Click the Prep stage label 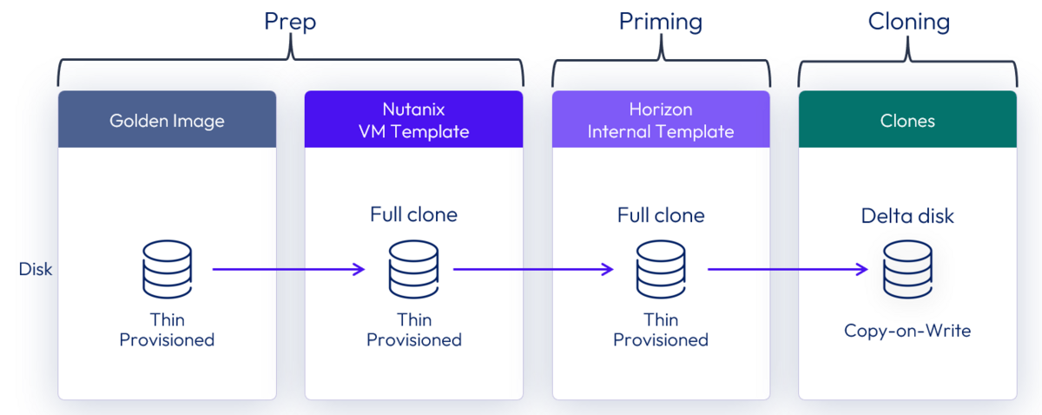(290, 22)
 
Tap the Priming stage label (661, 22)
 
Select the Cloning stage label (908, 22)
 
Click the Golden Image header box (167, 120)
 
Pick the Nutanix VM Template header (413, 120)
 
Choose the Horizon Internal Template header (661, 120)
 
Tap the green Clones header (907, 120)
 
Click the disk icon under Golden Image (167, 269)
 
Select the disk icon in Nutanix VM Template (413, 269)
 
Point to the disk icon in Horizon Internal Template (661, 269)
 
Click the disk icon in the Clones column (907, 269)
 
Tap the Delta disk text (907, 215)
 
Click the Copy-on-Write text (907, 331)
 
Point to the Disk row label (36, 269)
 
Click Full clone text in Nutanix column (413, 214)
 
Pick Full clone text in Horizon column (661, 214)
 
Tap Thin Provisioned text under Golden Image (167, 330)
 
